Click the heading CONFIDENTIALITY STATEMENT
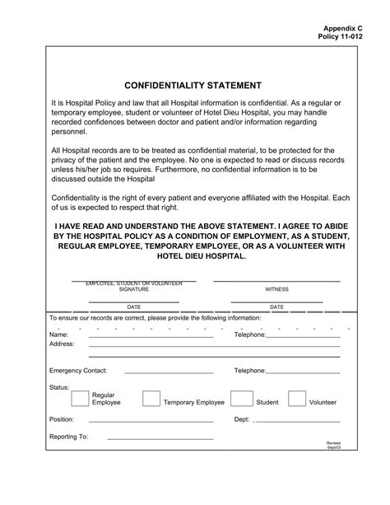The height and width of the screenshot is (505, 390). (x=193, y=85)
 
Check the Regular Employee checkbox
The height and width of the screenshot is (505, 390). (x=80, y=399)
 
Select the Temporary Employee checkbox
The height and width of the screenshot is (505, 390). (x=151, y=399)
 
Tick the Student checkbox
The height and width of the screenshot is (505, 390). (x=240, y=399)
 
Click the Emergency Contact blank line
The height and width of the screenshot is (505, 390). (x=168, y=372)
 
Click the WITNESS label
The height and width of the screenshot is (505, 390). (x=276, y=290)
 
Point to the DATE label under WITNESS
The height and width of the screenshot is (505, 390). (x=276, y=307)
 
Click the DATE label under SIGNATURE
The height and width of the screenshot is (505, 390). (x=133, y=307)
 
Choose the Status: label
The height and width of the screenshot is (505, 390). (x=59, y=386)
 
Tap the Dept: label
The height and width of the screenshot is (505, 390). (x=242, y=419)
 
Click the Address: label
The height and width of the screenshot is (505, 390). (x=63, y=344)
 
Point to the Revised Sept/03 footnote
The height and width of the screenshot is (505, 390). (x=333, y=446)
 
